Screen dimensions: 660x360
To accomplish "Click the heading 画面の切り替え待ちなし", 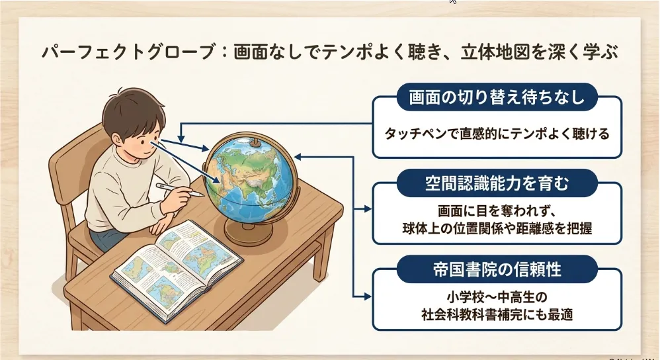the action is pyautogui.click(x=497, y=97).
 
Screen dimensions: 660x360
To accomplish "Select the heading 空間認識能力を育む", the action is pyautogui.click(x=497, y=183).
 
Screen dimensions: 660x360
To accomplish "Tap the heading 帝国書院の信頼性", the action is pyautogui.click(x=497, y=269).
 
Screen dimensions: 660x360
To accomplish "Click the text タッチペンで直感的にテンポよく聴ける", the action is pyautogui.click(x=497, y=134).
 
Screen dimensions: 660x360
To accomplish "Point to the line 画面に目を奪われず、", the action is pyautogui.click(x=497, y=210).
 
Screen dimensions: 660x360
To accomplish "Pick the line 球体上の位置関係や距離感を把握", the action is pyautogui.click(x=497, y=228).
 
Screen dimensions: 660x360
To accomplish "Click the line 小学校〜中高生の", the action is pyautogui.click(x=497, y=297).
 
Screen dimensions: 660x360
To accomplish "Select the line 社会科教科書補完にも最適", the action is pyautogui.click(x=497, y=314).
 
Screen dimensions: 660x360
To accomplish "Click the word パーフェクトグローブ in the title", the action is pyautogui.click(x=129, y=53).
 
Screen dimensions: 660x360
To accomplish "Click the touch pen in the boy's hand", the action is pyautogui.click(x=180, y=189).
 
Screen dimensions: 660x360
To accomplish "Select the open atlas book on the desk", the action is pyautogui.click(x=177, y=269).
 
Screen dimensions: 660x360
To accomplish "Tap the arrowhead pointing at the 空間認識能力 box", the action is pyautogui.click(x=368, y=209).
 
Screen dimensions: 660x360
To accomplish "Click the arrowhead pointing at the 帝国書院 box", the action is pyautogui.click(x=368, y=297).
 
